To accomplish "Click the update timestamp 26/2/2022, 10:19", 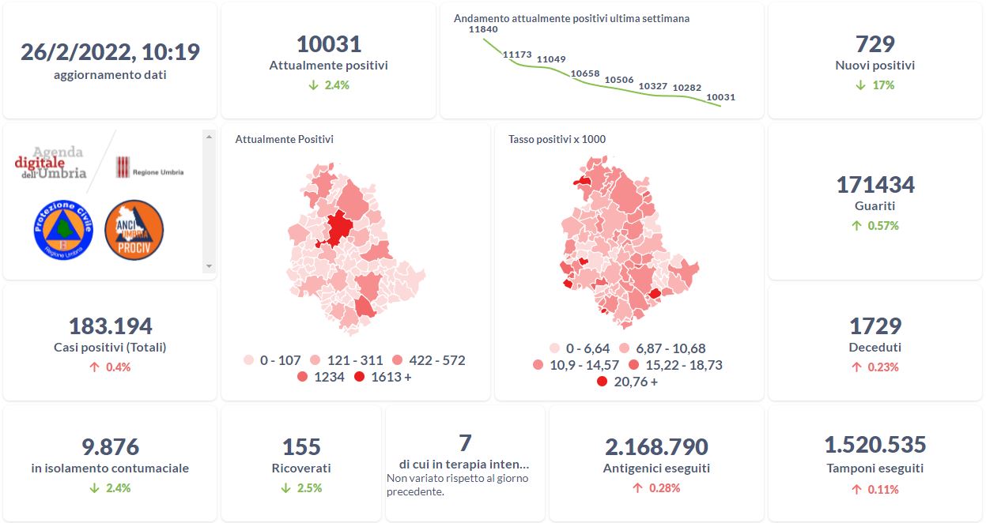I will pyautogui.click(x=110, y=52).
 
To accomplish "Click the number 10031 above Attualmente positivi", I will pyautogui.click(x=328, y=43).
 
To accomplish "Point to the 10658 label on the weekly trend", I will pyautogui.click(x=585, y=73).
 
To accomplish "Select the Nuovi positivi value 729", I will pyautogui.click(x=875, y=43).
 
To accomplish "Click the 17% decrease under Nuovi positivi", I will pyautogui.click(x=875, y=85).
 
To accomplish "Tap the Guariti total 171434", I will pyautogui.click(x=875, y=185).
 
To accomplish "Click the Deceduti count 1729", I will pyautogui.click(x=875, y=325).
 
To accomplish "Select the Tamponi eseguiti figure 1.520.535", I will pyautogui.click(x=875, y=445).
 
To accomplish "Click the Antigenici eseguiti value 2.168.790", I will pyautogui.click(x=656, y=447).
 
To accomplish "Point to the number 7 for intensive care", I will pyautogui.click(x=465, y=442).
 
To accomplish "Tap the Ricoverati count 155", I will pyautogui.click(x=301, y=447).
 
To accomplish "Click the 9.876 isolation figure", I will pyautogui.click(x=110, y=447).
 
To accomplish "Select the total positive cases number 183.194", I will pyautogui.click(x=110, y=325).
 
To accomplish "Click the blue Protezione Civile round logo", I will pyautogui.click(x=63, y=229).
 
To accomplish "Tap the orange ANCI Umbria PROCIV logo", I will pyautogui.click(x=134, y=229).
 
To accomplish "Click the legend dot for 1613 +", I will pyautogui.click(x=361, y=378).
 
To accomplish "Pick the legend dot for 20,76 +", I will pyautogui.click(x=602, y=382).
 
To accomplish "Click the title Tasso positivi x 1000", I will pyautogui.click(x=557, y=140).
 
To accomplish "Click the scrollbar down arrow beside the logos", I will pyautogui.click(x=209, y=267).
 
